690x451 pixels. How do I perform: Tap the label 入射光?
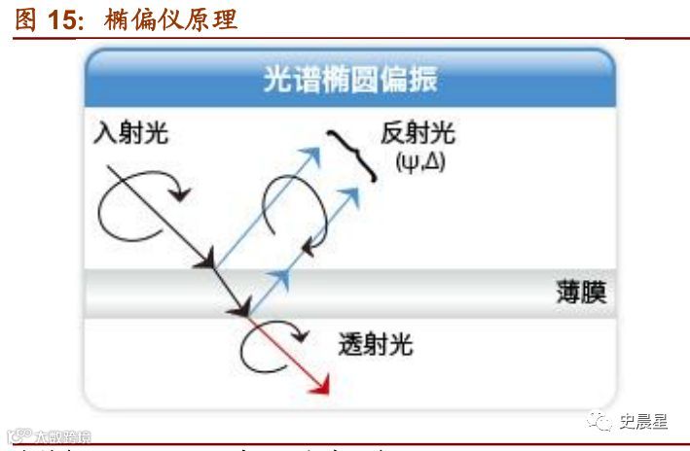tap(131, 133)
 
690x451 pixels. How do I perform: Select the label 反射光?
tap(418, 134)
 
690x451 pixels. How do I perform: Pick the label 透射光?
tap(373, 343)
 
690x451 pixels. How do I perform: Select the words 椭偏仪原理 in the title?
tap(169, 19)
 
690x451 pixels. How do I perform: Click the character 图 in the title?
tap(25, 19)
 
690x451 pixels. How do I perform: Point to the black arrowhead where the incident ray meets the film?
tap(206, 260)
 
